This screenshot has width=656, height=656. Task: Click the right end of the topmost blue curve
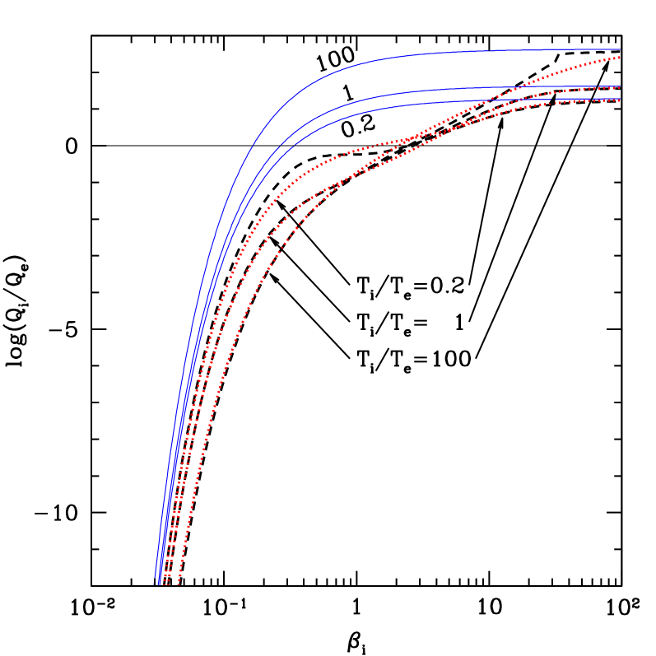pyautogui.click(x=619, y=50)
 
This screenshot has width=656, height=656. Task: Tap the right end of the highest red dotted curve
pyautogui.click(x=619, y=57)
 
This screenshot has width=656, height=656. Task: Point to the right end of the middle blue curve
pyautogui.click(x=619, y=86)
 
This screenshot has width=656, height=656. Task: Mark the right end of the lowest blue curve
pyautogui.click(x=619, y=100)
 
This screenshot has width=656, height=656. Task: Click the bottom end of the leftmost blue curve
pyautogui.click(x=155, y=584)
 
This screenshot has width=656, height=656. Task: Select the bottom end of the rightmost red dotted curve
pyautogui.click(x=179, y=584)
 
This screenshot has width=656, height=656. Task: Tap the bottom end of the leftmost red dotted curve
pyautogui.click(x=164, y=584)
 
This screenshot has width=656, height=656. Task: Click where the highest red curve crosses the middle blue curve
pyautogui.click(x=512, y=86)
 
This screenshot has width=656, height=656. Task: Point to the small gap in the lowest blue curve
pyautogui.click(x=552, y=100)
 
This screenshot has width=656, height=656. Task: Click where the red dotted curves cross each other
pyautogui.click(x=405, y=142)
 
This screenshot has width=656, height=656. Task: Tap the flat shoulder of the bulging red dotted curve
pyautogui.click(x=362, y=148)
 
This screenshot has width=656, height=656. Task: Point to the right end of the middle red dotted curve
pyautogui.click(x=619, y=87)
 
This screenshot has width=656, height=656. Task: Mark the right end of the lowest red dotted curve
pyautogui.click(x=619, y=100)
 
